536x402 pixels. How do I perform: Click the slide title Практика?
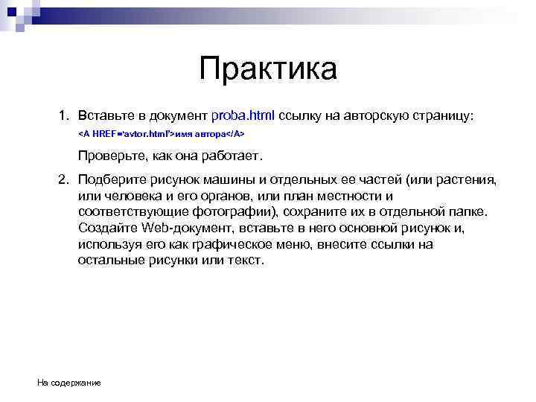(268, 70)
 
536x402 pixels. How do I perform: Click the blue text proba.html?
(243, 116)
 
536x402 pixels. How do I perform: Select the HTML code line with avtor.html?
(162, 135)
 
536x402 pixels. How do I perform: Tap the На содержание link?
(69, 383)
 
